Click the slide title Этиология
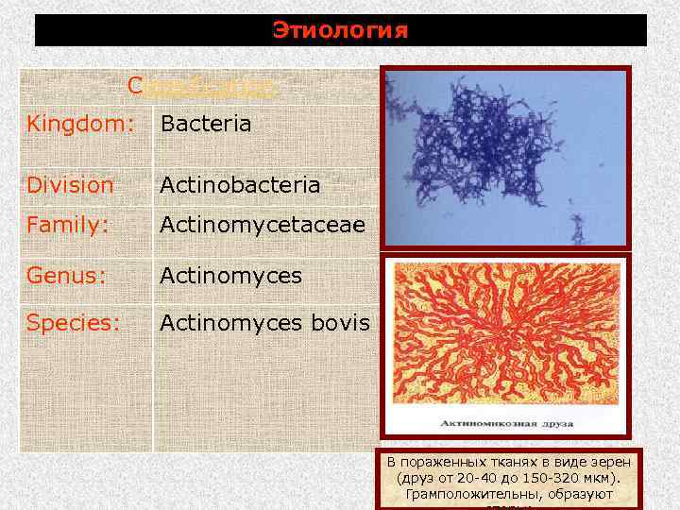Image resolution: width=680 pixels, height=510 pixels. (x=340, y=30)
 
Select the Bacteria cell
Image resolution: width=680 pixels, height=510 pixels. (x=205, y=124)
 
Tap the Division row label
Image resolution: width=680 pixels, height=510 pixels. (x=70, y=185)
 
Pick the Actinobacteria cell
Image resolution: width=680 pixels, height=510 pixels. (x=239, y=185)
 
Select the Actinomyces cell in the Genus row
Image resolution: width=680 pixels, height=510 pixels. (x=230, y=276)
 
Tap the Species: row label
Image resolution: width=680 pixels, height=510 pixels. (x=73, y=323)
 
